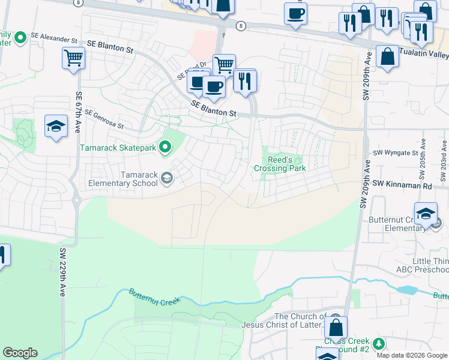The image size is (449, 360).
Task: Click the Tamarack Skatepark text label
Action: (118, 148)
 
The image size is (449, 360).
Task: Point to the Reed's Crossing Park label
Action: (280, 164)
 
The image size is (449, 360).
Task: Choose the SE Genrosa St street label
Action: (103, 119)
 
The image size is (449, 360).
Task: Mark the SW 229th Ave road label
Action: (62, 271)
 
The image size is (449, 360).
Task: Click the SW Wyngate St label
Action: (396, 153)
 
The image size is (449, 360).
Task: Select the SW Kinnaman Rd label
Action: (402, 185)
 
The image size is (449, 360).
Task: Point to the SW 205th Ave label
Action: (423, 160)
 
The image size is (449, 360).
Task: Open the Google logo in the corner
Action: (20, 353)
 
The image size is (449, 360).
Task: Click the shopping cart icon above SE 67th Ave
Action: (73, 58)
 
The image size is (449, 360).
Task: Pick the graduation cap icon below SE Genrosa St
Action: (56, 126)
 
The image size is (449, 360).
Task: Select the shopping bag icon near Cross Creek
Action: (336, 328)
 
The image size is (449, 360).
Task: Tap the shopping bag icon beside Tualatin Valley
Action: (388, 56)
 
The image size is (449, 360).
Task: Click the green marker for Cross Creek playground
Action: (378, 344)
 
